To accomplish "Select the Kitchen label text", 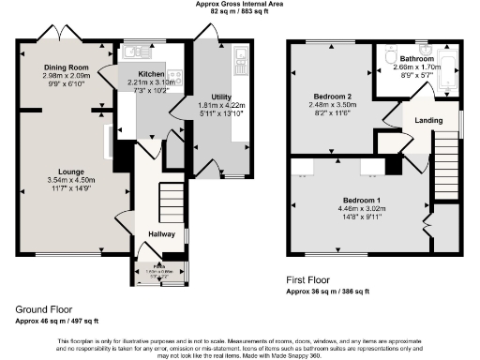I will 152,73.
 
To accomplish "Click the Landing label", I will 428,119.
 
